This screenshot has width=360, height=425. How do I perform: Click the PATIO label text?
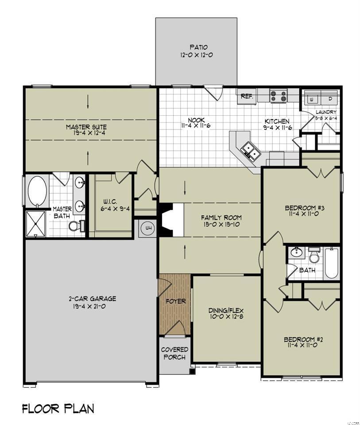coord(199,47)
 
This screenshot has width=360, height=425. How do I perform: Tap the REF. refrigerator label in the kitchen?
coord(246,96)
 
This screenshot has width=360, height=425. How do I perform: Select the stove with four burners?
coord(279,96)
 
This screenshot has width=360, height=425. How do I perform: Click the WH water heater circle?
coord(147,229)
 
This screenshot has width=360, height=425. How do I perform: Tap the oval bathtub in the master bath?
coord(37,191)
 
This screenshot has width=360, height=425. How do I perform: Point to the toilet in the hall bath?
coord(314,256)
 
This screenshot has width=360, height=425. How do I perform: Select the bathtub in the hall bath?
coord(331,263)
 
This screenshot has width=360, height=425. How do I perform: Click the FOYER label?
coord(176,301)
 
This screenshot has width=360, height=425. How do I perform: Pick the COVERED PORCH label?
coord(174,353)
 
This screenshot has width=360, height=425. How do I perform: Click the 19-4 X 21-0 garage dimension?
coord(93,306)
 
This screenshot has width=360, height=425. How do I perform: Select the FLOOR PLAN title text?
coord(58,408)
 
